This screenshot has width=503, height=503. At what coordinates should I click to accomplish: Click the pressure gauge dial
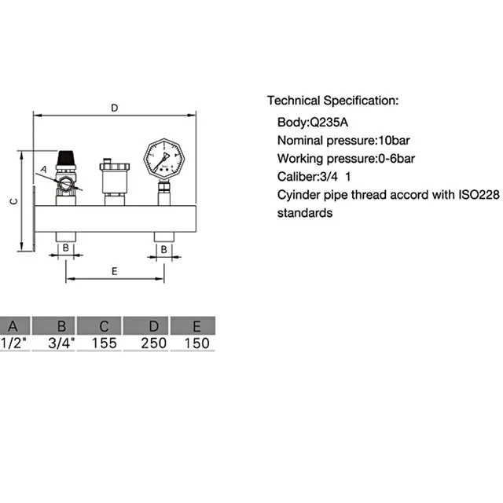tap(164, 159)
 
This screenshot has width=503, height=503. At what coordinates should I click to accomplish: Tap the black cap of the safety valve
tap(66, 158)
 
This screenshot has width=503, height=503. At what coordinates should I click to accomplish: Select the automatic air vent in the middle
tap(115, 182)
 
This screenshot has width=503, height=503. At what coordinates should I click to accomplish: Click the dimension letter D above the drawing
tap(115, 108)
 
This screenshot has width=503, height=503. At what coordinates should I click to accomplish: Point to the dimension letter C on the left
tap(14, 201)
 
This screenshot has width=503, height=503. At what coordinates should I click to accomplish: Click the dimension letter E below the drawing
tap(115, 271)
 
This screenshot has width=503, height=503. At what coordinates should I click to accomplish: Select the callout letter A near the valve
tap(43, 169)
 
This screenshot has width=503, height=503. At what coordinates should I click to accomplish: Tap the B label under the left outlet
tap(65, 248)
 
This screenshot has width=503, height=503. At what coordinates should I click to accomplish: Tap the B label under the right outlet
tap(164, 249)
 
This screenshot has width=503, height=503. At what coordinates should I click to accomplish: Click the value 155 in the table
tap(105, 343)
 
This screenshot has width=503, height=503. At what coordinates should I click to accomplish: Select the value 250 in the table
tap(154, 343)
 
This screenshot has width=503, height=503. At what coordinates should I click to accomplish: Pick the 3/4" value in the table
tap(61, 343)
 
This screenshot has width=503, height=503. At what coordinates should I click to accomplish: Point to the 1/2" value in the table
tap(13, 343)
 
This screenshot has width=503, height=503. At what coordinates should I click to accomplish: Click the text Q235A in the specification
tap(329, 123)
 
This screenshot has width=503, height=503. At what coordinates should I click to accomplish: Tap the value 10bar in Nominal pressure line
tap(395, 141)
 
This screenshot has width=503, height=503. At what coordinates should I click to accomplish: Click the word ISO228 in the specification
tap(479, 195)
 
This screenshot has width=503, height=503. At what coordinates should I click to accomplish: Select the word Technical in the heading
tap(294, 101)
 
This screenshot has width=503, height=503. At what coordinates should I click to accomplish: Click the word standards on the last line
tap(305, 213)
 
